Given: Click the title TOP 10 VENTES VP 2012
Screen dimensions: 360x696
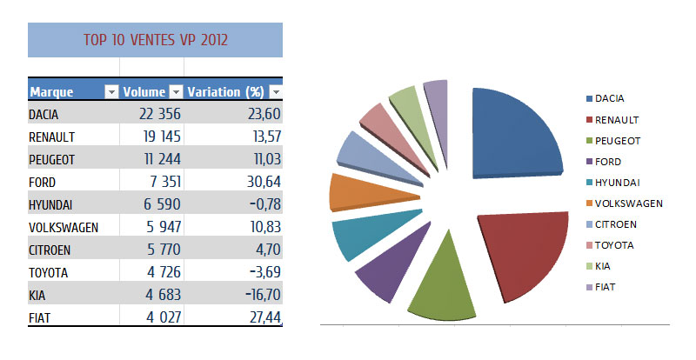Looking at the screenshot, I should pyautogui.click(x=156, y=40).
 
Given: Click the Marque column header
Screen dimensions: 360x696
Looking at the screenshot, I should pyautogui.click(x=51, y=91).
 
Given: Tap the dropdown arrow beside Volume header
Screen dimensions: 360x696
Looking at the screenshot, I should pyautogui.click(x=175, y=91).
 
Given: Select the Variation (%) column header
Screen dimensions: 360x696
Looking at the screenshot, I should pyautogui.click(x=225, y=91).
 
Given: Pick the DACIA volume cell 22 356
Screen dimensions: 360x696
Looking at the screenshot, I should pyautogui.click(x=159, y=114).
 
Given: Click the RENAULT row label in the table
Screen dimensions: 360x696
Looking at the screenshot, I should pyautogui.click(x=53, y=137).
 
